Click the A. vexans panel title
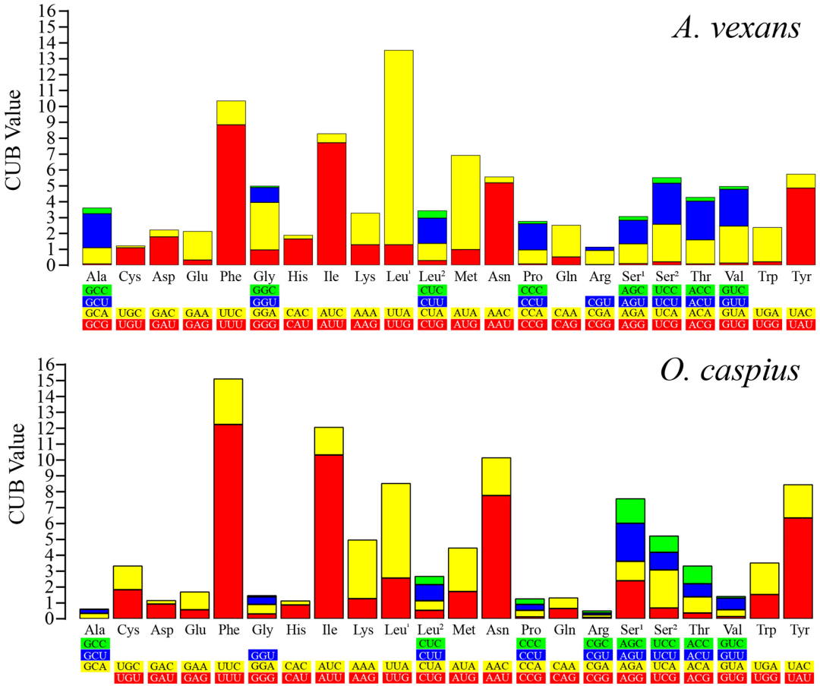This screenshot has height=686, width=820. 736,29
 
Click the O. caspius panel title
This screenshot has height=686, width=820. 730,370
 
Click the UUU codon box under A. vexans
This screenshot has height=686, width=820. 230,324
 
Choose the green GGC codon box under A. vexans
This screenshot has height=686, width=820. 263,290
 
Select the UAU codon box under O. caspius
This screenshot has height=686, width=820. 799,678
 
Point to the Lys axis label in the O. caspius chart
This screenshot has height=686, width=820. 363,630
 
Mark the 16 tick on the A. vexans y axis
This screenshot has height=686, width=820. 47,11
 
